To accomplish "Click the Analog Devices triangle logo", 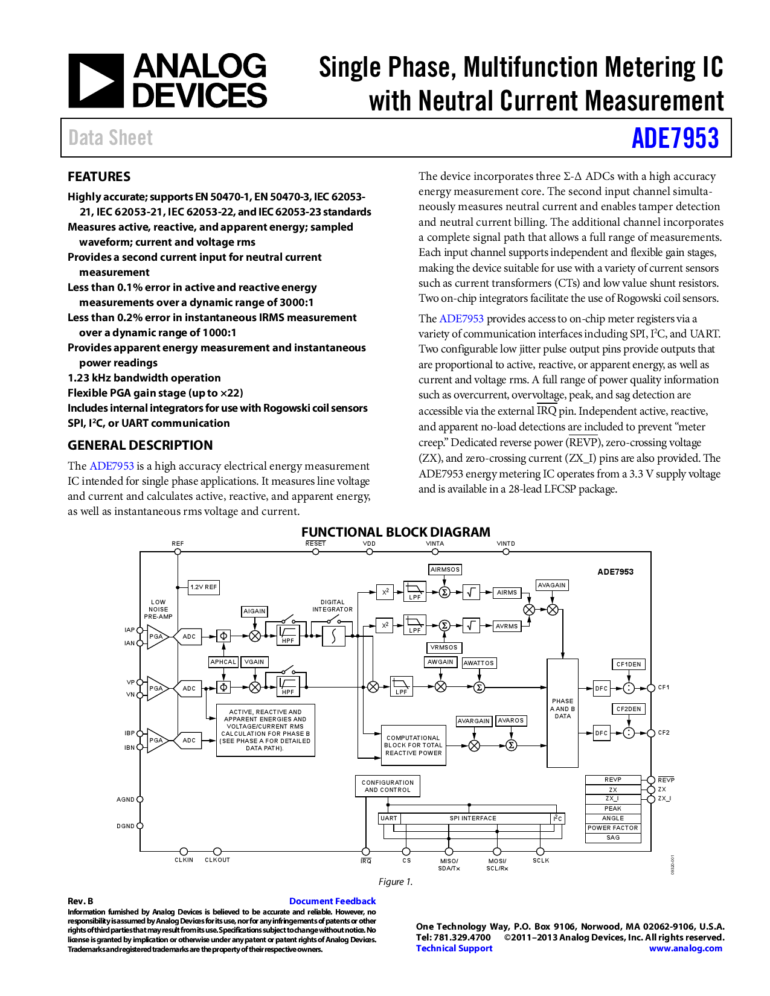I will click(x=96, y=81).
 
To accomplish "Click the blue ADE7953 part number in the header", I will click(x=675, y=138).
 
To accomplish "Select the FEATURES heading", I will click(x=99, y=177).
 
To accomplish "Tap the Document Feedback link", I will click(x=332, y=901).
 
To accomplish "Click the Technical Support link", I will click(x=454, y=948).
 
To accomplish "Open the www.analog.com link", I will click(x=685, y=948).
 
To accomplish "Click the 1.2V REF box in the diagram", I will click(x=204, y=587).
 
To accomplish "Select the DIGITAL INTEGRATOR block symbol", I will click(x=333, y=636).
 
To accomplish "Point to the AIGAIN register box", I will click(x=254, y=611).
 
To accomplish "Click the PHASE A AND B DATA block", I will click(x=562, y=712).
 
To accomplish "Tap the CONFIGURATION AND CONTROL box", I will click(x=388, y=786).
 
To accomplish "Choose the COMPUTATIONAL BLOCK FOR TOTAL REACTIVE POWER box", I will click(x=413, y=745).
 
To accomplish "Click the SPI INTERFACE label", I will click(x=473, y=819).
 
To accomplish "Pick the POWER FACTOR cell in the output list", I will click(x=612, y=828).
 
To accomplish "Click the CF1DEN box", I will click(x=629, y=664).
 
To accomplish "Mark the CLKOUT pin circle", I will click(x=217, y=851).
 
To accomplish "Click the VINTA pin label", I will click(x=435, y=544).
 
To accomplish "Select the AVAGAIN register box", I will click(x=552, y=585).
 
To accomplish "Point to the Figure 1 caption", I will click(x=396, y=882).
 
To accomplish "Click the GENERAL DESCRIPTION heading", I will click(x=140, y=445).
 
